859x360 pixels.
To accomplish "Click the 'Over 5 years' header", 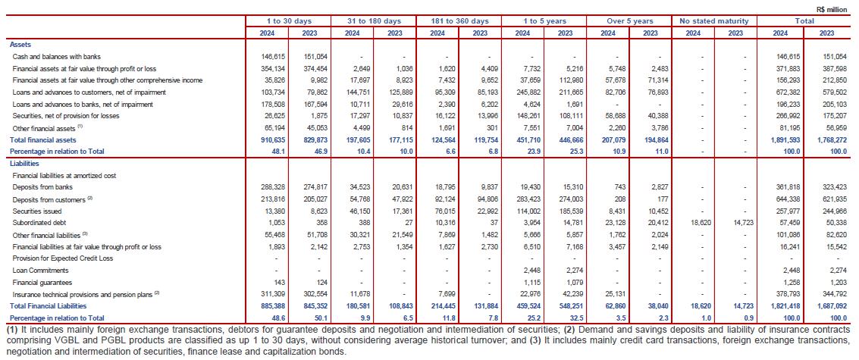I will tap(629, 19).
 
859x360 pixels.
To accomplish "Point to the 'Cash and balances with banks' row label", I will tap(57, 57).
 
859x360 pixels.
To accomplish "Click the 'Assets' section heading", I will tap(20, 45).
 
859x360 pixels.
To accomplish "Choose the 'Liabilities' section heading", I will tap(25, 163).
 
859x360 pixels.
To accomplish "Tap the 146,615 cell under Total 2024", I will tap(785, 57).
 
